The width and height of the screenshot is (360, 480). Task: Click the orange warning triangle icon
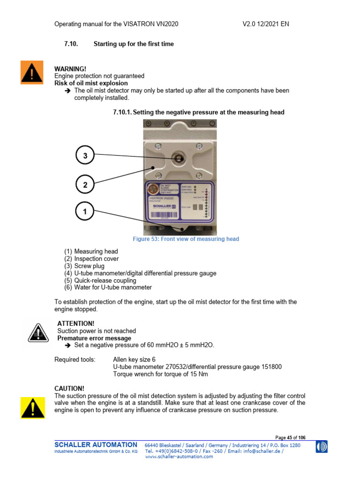pos(32,72)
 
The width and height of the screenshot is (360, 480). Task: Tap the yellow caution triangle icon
pos(32,407)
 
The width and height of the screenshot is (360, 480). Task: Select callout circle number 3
pos(85,156)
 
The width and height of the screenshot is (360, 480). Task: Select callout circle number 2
pos(85,185)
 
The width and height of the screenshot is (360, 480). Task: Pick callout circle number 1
pos(85,211)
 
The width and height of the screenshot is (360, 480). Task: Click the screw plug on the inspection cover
pos(179,158)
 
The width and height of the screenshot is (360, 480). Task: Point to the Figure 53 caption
pos(186,239)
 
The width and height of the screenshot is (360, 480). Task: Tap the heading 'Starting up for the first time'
pos(134,44)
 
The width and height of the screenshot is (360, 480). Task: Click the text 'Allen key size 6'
pos(134,360)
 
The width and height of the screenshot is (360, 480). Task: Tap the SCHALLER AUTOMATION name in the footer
pos(96,444)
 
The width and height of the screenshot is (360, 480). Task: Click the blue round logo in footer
pos(322,447)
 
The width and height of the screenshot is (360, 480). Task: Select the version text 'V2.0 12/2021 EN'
pos(265,24)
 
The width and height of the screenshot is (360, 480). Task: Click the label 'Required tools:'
pos(75,360)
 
